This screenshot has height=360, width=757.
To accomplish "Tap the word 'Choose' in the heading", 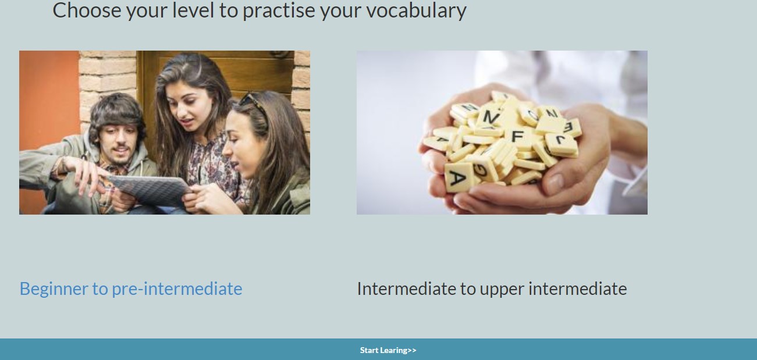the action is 87,10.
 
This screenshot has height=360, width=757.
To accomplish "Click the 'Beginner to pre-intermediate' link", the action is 131,289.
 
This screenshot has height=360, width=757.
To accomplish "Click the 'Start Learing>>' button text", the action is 388,350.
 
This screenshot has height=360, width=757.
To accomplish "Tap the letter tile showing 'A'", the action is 459,177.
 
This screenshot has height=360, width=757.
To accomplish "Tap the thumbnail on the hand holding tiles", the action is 555,184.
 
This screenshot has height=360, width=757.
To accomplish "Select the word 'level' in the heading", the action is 193,10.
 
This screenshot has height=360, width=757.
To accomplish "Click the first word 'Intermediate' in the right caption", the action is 407,289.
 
